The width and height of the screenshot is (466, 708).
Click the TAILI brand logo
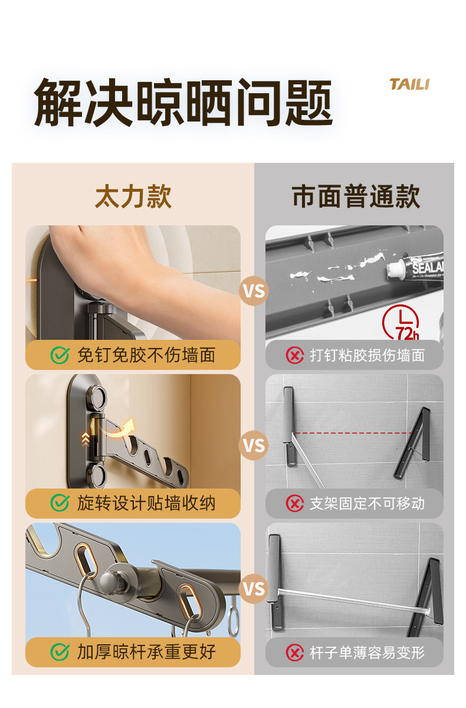409,84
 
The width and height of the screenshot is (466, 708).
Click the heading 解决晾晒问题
183,103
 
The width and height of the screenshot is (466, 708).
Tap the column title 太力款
133,196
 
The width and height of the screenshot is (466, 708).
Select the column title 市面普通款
356,196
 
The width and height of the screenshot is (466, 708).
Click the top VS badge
254,291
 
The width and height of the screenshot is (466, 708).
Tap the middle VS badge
254,445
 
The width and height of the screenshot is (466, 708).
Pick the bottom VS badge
254,589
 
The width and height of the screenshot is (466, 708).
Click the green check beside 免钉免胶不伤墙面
60,355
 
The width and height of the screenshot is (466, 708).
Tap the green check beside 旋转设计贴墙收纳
60,503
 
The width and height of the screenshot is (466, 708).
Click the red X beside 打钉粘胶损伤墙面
295,355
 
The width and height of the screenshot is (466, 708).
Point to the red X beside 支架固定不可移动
295,503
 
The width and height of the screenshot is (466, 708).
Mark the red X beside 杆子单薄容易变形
295,652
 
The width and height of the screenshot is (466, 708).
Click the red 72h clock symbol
401,322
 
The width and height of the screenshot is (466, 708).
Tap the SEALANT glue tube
415,267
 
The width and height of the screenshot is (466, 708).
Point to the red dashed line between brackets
353,432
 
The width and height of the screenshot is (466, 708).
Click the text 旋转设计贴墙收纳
146,503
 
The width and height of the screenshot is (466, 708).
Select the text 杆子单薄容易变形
367,652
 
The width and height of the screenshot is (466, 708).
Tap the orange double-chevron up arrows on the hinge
86,440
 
